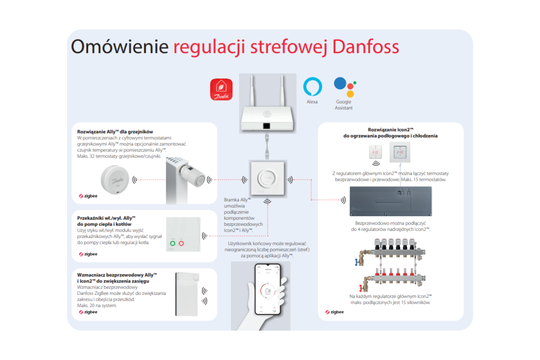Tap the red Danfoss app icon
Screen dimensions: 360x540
(221, 89)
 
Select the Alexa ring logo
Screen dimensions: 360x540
(312, 87)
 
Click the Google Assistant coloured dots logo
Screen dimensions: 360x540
(344, 87)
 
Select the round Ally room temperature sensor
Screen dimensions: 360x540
(115, 180)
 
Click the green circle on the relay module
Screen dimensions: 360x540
(172, 244)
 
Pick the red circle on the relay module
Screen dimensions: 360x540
(182, 244)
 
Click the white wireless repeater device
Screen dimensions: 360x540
(187, 294)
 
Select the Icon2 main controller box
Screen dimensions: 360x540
(391, 202)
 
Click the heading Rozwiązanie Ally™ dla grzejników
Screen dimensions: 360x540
(115, 131)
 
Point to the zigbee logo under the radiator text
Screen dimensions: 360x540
(88, 196)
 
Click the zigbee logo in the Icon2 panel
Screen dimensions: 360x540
(334, 312)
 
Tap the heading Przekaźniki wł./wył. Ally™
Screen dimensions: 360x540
(107, 218)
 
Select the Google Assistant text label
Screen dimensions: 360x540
(344, 105)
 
